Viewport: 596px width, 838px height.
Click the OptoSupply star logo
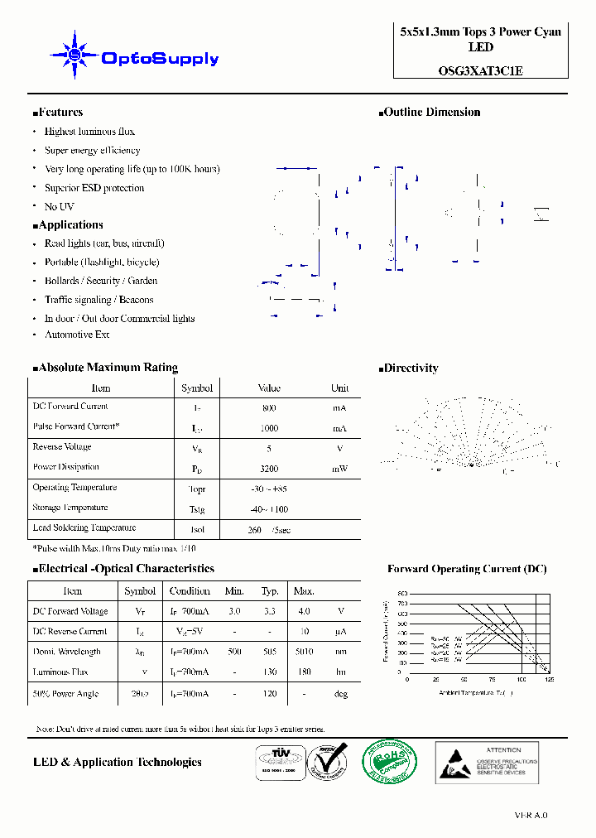(75, 55)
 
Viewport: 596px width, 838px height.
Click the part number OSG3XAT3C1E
(480, 71)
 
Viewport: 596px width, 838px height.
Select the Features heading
(60, 113)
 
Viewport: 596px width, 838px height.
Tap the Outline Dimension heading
(431, 113)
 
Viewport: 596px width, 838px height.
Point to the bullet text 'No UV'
(59, 206)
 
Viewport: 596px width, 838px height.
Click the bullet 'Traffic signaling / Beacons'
(99, 300)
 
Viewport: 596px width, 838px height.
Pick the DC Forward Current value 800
(269, 408)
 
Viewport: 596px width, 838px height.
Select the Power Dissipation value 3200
(269, 469)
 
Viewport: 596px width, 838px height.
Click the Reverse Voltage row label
(62, 447)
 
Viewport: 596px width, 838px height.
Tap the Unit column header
(339, 388)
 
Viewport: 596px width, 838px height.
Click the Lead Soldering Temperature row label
(84, 527)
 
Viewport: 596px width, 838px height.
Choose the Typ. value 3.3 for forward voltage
(270, 611)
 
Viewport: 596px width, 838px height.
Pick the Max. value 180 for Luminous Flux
(304, 672)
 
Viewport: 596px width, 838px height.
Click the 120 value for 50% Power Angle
(270, 694)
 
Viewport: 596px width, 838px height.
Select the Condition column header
(190, 591)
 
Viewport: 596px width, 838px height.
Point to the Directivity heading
(411, 368)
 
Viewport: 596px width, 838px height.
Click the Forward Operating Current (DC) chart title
(467, 569)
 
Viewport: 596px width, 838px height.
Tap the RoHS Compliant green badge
(392, 763)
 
